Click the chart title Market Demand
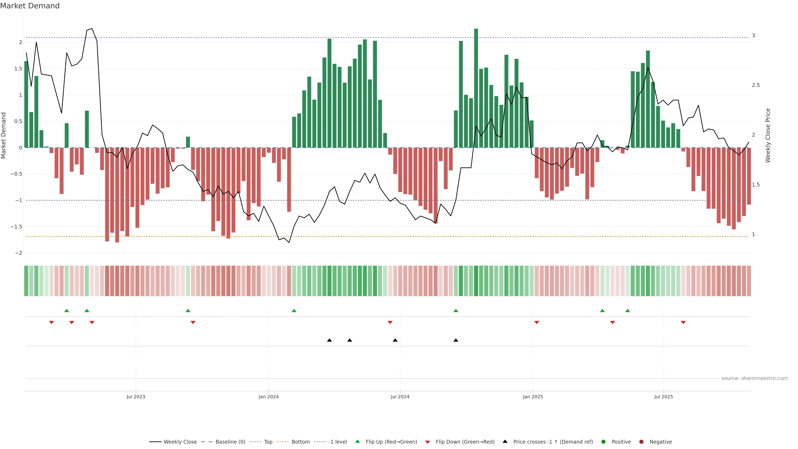[x=30, y=6]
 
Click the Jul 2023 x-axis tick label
[x=136, y=397]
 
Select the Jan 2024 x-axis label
[x=268, y=397]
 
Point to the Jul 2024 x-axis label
[x=400, y=397]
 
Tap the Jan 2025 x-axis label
[x=533, y=397]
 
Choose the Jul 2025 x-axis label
[x=664, y=397]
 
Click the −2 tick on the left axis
[x=18, y=253]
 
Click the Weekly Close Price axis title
[x=768, y=135]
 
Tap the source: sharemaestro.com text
[x=754, y=378]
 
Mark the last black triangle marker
[x=456, y=340]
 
